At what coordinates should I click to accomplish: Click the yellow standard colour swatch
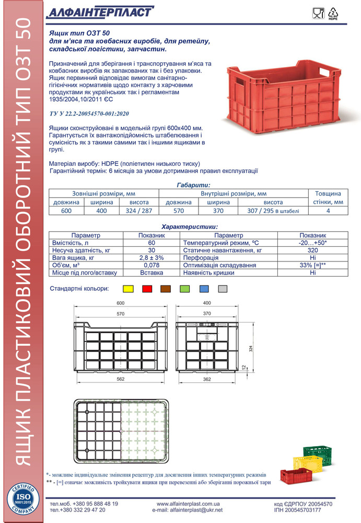[x=129, y=288]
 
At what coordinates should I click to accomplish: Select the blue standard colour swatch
[x=204, y=288]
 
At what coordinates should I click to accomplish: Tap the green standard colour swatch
[x=185, y=288]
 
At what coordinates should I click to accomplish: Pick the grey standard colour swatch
[x=223, y=288]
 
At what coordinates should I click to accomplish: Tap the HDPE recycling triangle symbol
[x=332, y=13]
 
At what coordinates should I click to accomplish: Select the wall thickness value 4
[x=328, y=211]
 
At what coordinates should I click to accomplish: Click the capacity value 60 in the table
[x=152, y=243]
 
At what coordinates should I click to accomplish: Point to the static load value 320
[x=312, y=251]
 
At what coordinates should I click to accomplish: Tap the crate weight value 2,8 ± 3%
[x=152, y=258]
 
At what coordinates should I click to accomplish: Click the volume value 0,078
[x=152, y=265]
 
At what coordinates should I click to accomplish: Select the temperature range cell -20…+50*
[x=312, y=243]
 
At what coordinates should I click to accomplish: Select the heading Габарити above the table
[x=193, y=185]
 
